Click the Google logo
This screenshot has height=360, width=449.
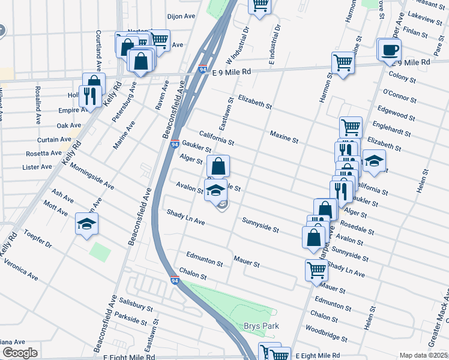click(x=20, y=353)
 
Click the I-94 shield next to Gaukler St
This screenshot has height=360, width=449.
click(x=174, y=145)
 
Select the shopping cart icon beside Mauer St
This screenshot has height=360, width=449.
click(x=316, y=269)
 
